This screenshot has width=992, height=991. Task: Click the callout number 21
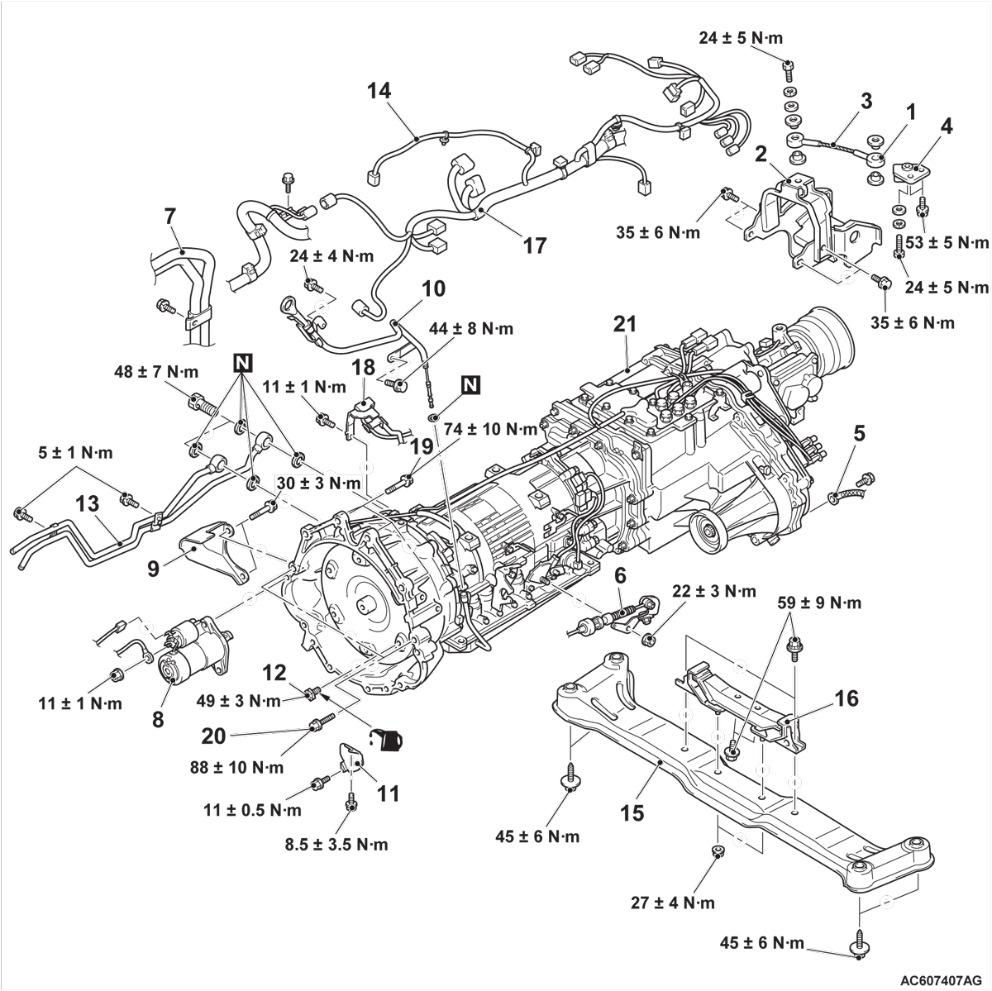625,325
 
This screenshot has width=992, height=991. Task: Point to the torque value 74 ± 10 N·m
491,429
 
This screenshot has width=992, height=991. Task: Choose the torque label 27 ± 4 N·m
674,903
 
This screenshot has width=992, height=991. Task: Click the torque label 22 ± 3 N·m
714,591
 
